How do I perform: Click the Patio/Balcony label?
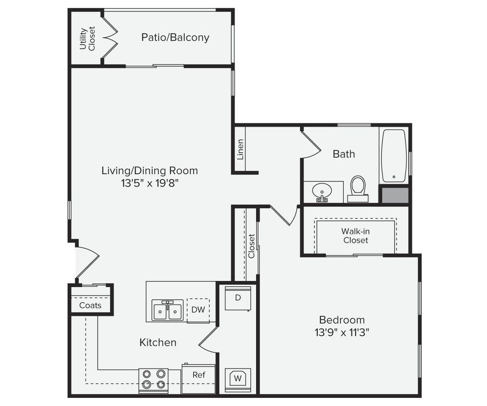pos(175,38)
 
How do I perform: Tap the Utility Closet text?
pos(87,38)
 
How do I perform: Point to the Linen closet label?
pos(240,149)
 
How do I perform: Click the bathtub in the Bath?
pos(394,155)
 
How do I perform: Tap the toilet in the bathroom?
pos(358,189)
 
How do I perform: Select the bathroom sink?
pos(322,192)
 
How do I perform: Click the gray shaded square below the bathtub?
pos(395,195)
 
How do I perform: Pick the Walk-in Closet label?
pos(356,236)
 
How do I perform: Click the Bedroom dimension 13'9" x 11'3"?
pos(342,332)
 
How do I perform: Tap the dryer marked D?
pos(238,298)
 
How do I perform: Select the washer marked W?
pos(238,379)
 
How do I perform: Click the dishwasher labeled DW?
pos(198,310)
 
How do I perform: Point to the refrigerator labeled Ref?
pos(199,375)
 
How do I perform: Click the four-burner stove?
pos(153,379)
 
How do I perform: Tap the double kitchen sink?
pos(167,311)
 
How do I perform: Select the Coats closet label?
pos(90,305)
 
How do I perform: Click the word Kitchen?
pos(158,343)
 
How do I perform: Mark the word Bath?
pos(344,154)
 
